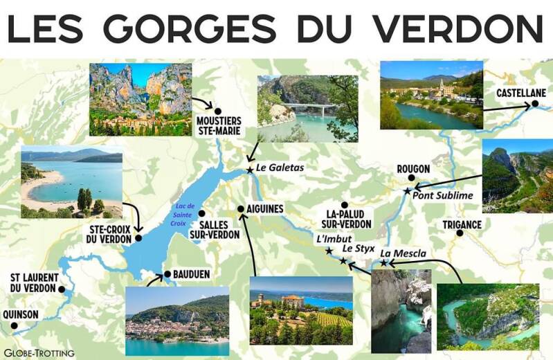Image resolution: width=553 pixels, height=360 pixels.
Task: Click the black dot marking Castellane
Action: (x=534, y=105)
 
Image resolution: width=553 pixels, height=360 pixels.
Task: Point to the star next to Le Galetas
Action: (x=250, y=170)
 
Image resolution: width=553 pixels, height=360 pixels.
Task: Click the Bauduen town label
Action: (x=192, y=274)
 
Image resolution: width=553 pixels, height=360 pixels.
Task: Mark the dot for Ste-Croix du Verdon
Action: (x=138, y=238)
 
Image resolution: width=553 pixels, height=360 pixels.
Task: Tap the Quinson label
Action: (x=21, y=314)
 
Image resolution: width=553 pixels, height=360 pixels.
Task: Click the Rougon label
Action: (x=413, y=169)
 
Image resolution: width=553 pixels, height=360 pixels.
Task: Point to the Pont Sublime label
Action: (x=443, y=195)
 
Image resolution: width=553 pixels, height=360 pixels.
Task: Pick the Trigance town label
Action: (x=462, y=224)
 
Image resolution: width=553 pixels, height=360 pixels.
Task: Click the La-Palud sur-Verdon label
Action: (x=346, y=219)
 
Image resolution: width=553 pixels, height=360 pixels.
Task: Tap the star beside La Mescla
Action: (x=383, y=263)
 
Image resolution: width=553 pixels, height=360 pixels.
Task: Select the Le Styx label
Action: (x=358, y=247)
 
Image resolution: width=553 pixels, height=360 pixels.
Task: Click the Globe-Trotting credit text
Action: (x=39, y=353)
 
